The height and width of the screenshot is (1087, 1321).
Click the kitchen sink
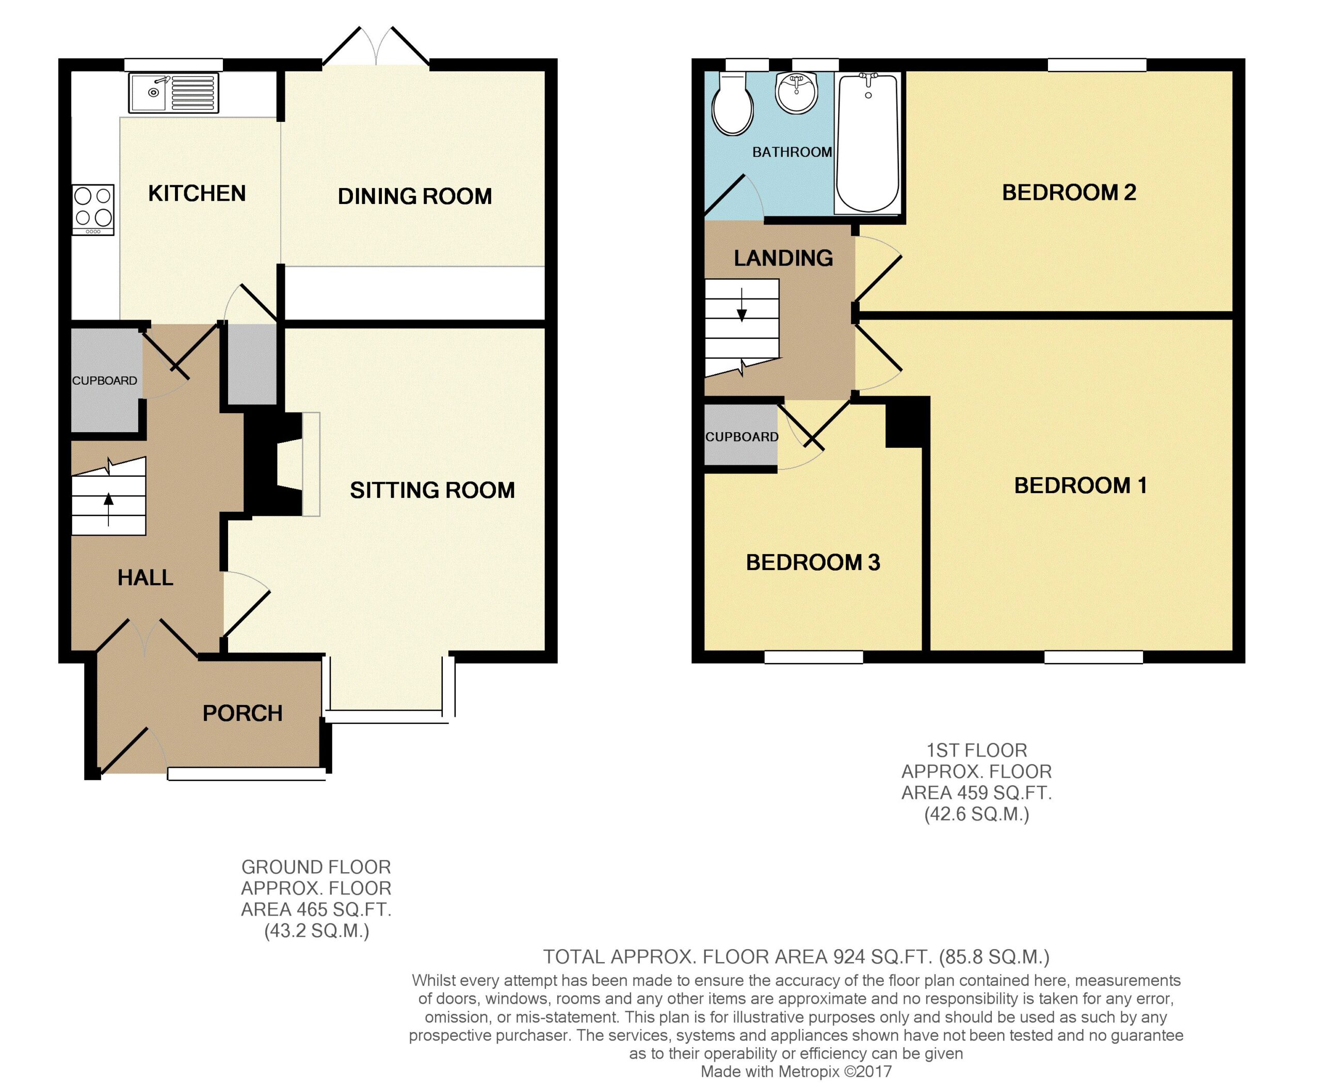174,92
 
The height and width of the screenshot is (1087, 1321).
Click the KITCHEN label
197,194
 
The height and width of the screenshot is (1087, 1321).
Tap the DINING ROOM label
415,196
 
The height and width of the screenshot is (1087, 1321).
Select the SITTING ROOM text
432,490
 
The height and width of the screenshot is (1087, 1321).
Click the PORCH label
243,713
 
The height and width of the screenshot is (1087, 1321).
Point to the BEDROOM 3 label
813,562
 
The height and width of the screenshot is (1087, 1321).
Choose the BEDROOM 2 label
1069,192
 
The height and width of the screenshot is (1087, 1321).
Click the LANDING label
783,258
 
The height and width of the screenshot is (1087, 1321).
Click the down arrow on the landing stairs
742,305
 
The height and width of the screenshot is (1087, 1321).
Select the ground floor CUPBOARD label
105,381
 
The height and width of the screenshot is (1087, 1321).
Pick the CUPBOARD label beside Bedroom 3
742,437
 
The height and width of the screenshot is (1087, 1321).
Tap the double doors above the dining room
376,46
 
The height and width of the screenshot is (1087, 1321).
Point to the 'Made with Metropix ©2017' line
796,1072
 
